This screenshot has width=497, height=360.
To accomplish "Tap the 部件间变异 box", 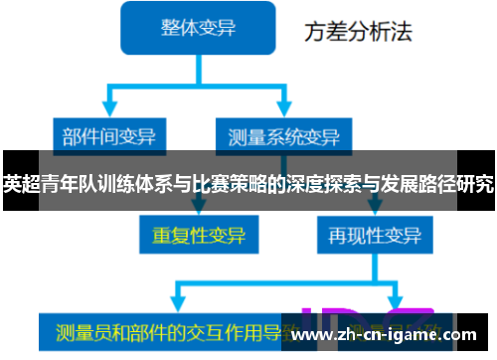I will click(109, 134).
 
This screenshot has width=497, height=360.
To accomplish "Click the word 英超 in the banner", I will click(21, 184).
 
